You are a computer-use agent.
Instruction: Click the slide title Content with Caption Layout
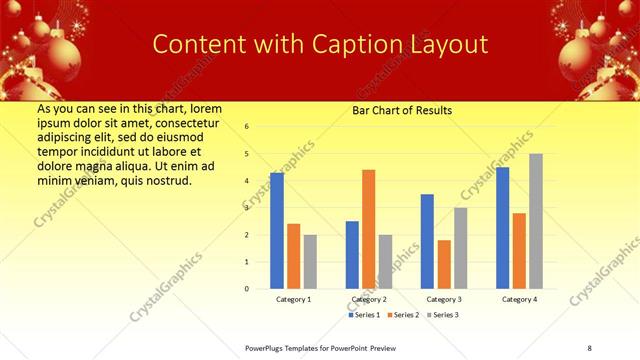(320, 44)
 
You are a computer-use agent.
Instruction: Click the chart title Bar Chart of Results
(402, 110)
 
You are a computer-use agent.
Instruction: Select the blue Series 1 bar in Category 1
(277, 230)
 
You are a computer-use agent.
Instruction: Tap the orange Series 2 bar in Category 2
(368, 229)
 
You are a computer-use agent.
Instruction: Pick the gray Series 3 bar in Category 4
(536, 221)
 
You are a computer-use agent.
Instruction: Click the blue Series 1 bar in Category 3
(427, 241)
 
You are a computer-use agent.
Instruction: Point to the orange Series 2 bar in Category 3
(444, 264)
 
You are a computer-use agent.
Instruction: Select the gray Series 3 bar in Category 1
(310, 261)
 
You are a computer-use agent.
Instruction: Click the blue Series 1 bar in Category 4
(502, 227)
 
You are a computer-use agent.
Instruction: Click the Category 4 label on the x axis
(519, 299)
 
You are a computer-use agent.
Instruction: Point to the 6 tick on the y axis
(247, 127)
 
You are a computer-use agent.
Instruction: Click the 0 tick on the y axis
(247, 288)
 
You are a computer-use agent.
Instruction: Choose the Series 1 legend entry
(364, 315)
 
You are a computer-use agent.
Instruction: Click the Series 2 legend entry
(402, 315)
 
